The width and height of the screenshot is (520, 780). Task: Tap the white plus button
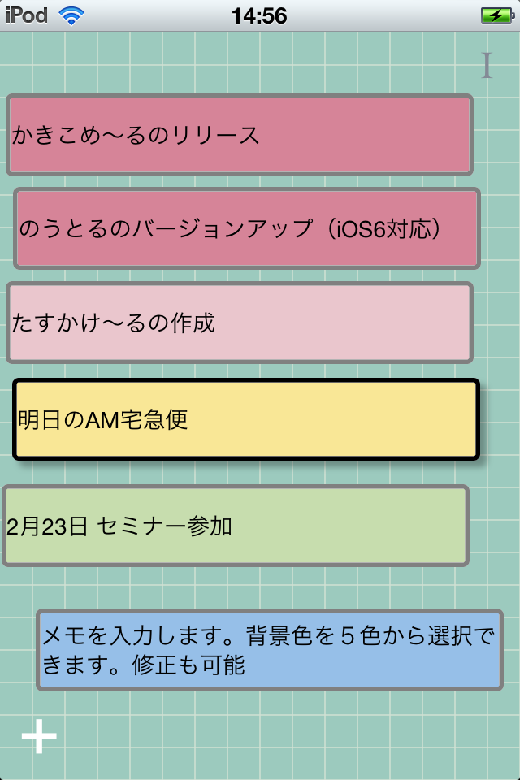[x=39, y=736]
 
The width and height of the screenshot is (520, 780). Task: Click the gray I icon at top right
[x=487, y=66]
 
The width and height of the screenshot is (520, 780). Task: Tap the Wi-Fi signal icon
[x=71, y=15]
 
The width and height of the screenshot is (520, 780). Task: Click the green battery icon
[x=496, y=15]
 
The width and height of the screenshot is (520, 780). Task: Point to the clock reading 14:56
[x=259, y=15]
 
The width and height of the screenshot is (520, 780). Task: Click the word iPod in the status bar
[x=27, y=15]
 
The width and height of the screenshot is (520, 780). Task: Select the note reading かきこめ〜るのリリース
[x=240, y=135]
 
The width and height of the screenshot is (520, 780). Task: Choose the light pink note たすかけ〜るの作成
[x=240, y=323]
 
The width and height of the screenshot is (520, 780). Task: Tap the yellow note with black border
[x=246, y=419]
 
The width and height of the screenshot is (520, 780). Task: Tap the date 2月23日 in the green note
[x=46, y=526]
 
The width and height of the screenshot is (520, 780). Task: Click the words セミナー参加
[x=165, y=526]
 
